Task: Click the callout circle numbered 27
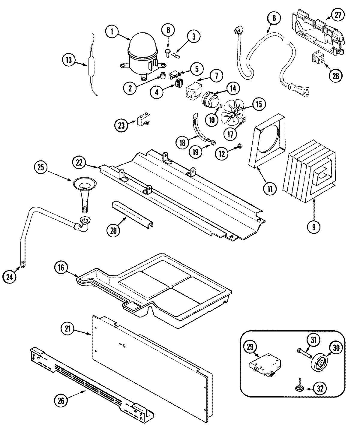338,16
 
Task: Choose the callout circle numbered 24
10,277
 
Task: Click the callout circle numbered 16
61,268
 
